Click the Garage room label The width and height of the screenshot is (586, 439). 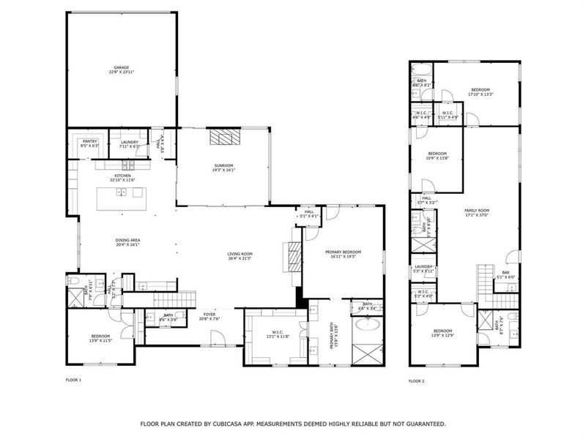121,70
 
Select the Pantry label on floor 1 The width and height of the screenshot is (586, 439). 89,143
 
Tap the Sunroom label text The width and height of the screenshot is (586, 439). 223,168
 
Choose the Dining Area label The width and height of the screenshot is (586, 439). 127,242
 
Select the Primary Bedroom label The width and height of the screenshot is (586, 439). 343,254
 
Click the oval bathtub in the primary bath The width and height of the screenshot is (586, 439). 367,326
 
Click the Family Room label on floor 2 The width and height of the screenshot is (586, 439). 477,213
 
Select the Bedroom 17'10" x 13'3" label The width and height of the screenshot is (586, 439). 480,91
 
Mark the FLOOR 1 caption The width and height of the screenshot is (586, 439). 73,380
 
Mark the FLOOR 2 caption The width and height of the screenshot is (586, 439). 416,380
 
